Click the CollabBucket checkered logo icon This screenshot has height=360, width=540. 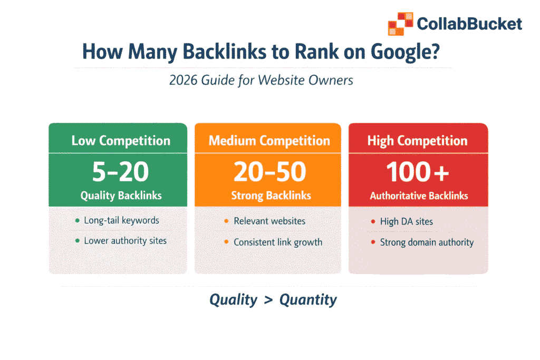click(400, 24)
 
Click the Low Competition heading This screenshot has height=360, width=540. click(121, 141)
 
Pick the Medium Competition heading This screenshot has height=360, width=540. click(269, 141)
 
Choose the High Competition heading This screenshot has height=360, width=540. click(417, 141)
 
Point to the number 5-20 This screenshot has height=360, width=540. click(121, 171)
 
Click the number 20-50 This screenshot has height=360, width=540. click(269, 171)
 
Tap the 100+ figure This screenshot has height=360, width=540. click(417, 171)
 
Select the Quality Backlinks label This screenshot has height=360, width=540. click(121, 196)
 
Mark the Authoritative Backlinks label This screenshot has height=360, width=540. click(419, 196)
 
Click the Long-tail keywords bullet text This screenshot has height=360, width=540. click(121, 220)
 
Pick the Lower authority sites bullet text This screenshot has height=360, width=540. click(125, 241)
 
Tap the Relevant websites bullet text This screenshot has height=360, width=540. click(269, 221)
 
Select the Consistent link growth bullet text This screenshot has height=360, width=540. click(278, 242)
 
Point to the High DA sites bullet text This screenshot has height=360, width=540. click(406, 222)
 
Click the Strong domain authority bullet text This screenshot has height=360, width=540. click(427, 242)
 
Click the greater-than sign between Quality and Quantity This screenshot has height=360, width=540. click(268, 300)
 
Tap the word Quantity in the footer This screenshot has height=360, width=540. click(308, 300)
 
